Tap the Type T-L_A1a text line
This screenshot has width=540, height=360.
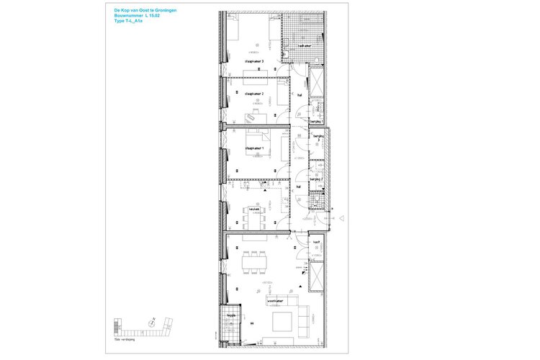point(129,22)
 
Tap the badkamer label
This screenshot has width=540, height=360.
point(304,45)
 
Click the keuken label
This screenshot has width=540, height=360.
point(254,210)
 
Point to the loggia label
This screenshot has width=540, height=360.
point(231,315)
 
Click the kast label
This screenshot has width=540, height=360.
point(316,243)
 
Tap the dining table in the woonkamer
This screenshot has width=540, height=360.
point(253,263)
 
